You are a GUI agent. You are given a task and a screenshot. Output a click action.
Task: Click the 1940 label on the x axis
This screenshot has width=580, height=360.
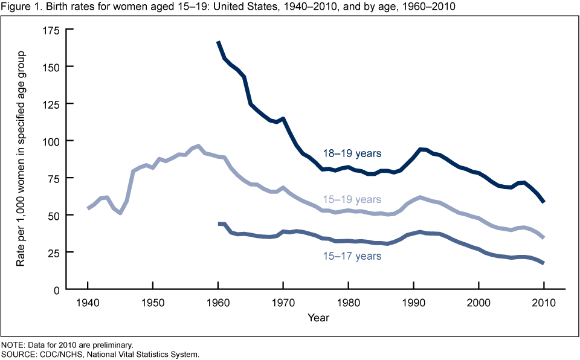[x=88, y=302]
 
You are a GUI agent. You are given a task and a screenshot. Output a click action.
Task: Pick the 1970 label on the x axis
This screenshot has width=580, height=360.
[x=283, y=302]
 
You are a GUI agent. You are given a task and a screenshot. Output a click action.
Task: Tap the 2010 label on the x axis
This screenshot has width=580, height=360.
[x=544, y=302]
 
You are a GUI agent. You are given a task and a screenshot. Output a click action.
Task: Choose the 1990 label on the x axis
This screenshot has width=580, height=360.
[x=413, y=302]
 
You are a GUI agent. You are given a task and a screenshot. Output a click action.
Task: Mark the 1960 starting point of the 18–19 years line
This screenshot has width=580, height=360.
[x=218, y=42]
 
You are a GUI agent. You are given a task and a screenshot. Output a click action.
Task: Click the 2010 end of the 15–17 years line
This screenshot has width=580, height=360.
[x=543, y=263]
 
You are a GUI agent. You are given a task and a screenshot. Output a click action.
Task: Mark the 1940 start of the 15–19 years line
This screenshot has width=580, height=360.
[x=88, y=208]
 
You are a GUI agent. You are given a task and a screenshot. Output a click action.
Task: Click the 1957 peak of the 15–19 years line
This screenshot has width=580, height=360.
[x=199, y=146]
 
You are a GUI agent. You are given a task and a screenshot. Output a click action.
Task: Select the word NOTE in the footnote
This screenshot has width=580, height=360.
[x=12, y=344]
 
